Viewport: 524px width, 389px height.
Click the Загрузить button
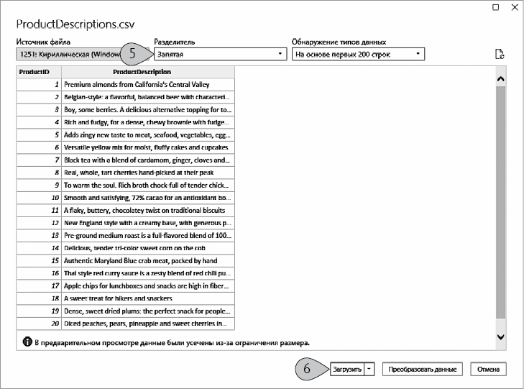click(346, 369)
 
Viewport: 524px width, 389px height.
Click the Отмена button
click(489, 369)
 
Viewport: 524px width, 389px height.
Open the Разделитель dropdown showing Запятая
click(219, 54)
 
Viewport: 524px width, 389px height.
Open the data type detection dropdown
click(358, 54)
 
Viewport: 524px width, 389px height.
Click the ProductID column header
click(39, 72)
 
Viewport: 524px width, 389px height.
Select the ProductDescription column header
click(147, 72)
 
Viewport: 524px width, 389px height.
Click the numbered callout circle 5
click(132, 53)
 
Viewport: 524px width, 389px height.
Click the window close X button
click(512, 7)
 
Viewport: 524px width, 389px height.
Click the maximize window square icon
click(495, 7)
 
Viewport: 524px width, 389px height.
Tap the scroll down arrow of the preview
click(500, 336)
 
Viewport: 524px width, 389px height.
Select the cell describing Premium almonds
click(147, 84)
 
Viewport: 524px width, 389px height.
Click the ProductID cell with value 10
click(39, 197)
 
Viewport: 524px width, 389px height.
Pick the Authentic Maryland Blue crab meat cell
click(147, 260)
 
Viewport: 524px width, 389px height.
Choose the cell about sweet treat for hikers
click(147, 298)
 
